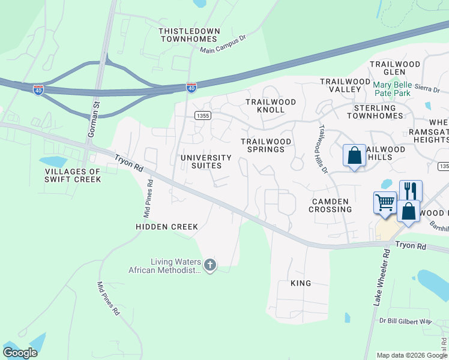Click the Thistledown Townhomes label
tap(189, 35)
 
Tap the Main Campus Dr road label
tap(224, 47)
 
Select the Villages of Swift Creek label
tap(73, 175)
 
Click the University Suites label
tap(206, 161)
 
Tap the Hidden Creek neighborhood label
tap(167, 227)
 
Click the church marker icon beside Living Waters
tap(209, 265)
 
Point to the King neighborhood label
tap(301, 283)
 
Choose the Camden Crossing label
tap(330, 205)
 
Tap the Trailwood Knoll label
tap(271, 106)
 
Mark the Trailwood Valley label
tap(345, 85)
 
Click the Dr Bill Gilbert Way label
tap(405, 322)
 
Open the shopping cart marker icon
tap(384, 202)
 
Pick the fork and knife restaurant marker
tap(411, 190)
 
